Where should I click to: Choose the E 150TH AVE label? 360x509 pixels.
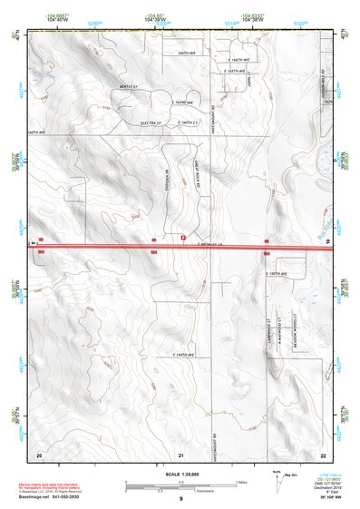point(276,272)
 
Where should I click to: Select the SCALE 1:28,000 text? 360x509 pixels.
point(181,473)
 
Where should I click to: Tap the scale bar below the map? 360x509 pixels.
point(181,484)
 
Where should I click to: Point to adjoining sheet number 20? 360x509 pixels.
point(39,453)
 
